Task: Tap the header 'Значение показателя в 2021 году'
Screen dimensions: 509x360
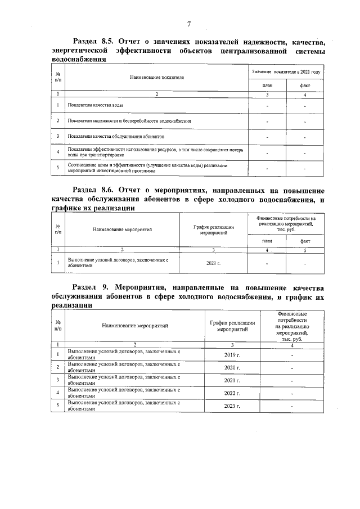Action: click(286, 73)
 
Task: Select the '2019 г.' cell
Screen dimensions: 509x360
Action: click(232, 354)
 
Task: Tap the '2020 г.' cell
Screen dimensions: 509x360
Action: click(232, 367)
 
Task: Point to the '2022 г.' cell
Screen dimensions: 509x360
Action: click(232, 393)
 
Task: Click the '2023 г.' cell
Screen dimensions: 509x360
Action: click(232, 406)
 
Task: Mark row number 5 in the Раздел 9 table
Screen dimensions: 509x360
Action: click(58, 406)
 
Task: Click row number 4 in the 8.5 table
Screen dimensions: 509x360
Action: click(58, 152)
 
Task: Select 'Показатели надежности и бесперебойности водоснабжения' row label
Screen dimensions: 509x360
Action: click(129, 121)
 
